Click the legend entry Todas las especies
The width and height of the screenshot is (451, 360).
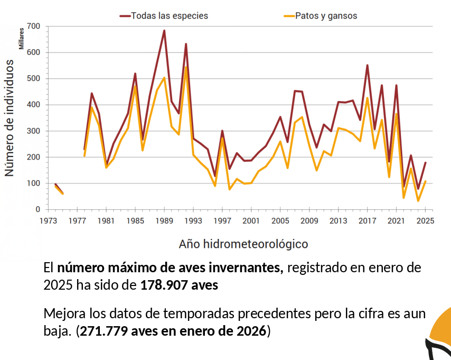169,16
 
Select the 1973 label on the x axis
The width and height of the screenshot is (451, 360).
49,221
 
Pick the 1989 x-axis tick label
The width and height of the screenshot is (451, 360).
164,221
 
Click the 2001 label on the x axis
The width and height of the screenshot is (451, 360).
251,221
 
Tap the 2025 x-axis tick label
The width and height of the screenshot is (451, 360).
425,221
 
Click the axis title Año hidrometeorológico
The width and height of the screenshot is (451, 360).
243,244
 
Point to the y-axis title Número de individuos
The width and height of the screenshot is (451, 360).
9,117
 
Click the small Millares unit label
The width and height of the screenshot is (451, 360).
22,37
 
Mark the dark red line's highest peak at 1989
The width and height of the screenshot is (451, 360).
164,31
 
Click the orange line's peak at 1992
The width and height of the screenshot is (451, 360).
186,67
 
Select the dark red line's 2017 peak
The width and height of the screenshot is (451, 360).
367,65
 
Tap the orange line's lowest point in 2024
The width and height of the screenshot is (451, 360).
418,201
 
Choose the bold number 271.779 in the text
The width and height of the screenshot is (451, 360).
105,331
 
